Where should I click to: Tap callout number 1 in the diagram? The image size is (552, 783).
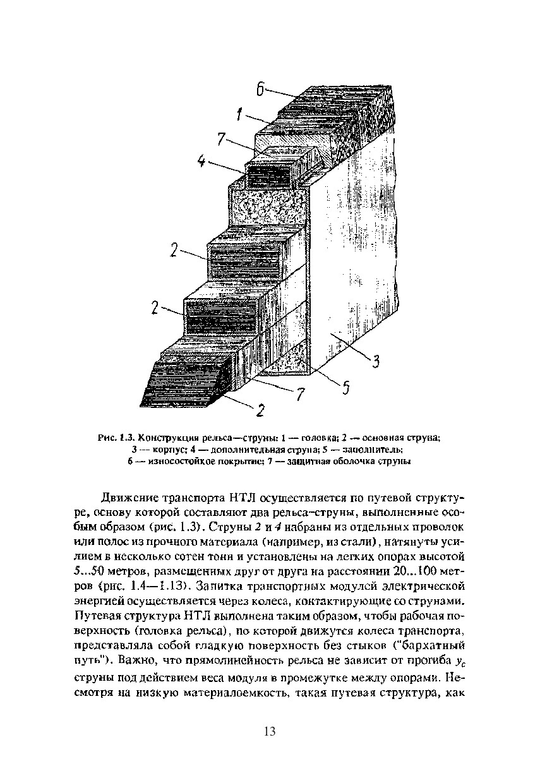(x=240, y=114)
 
